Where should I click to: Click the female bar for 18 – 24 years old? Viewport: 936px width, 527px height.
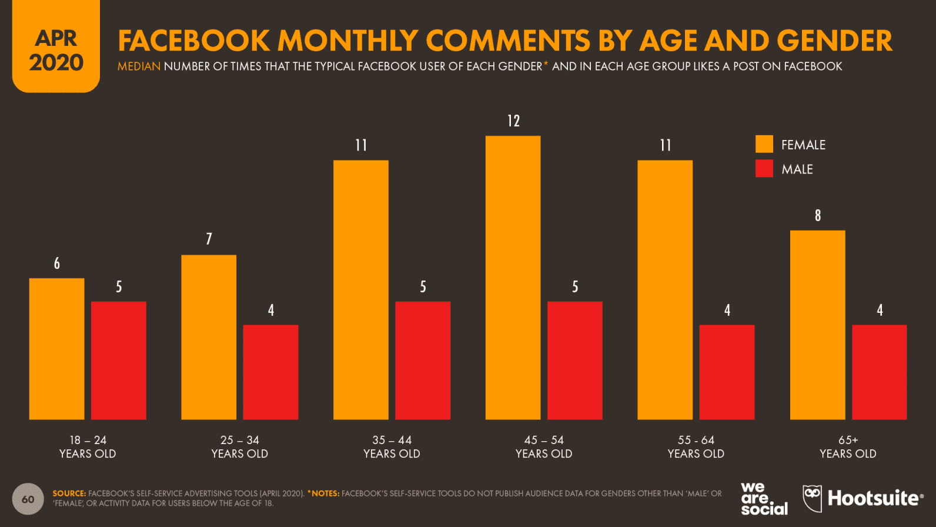[x=56, y=349]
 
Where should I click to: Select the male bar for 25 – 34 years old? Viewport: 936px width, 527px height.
[x=270, y=372]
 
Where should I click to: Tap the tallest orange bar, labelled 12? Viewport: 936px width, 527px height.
[x=513, y=278]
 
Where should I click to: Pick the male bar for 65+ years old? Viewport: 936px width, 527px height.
[x=879, y=372]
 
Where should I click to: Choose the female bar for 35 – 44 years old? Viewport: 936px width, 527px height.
[x=360, y=290]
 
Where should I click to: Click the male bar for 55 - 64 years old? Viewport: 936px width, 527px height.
[x=727, y=372]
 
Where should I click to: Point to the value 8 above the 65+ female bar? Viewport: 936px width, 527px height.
[x=817, y=216]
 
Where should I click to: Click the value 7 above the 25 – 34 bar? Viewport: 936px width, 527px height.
[x=209, y=239]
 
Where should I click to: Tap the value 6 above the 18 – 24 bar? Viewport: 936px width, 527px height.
[x=57, y=263]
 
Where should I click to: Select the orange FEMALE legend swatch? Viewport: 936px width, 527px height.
[x=764, y=144]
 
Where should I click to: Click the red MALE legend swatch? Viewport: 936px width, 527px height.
[x=764, y=169]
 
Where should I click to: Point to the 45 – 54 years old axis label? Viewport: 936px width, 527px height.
[x=544, y=447]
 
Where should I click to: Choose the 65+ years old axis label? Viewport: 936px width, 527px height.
[x=848, y=447]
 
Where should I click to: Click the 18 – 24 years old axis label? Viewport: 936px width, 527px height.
[x=88, y=447]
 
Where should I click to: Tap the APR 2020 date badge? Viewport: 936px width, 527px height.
[x=56, y=50]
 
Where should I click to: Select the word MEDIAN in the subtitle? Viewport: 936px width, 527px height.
[x=139, y=66]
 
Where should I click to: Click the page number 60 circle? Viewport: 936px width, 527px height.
[x=28, y=499]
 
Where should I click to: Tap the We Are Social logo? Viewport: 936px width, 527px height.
[x=763, y=499]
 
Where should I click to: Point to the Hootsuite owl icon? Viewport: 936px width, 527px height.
[x=812, y=498]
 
